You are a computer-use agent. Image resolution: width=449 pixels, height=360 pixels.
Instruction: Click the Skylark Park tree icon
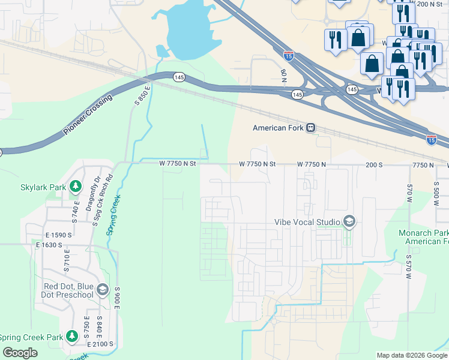(x=75, y=187)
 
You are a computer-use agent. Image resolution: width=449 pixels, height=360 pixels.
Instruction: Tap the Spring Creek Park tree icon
(x=72, y=337)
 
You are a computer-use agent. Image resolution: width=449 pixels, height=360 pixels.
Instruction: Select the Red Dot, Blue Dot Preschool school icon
(x=102, y=290)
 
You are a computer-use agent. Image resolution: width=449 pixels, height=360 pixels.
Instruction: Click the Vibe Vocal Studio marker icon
(x=349, y=222)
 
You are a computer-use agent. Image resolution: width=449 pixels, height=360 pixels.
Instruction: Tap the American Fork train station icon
(x=310, y=128)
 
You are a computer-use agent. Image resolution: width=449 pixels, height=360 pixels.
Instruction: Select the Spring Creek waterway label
(x=113, y=214)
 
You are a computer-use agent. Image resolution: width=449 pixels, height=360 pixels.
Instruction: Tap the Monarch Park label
(x=423, y=233)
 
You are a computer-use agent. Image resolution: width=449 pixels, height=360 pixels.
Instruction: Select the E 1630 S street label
(x=52, y=245)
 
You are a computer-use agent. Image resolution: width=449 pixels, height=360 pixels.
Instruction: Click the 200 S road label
(x=373, y=164)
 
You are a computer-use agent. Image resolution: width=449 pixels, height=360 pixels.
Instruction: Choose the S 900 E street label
(x=118, y=298)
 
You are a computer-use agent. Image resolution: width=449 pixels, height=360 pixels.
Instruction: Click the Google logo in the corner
(x=20, y=353)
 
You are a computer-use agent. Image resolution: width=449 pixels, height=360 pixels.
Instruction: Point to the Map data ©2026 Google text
(x=412, y=355)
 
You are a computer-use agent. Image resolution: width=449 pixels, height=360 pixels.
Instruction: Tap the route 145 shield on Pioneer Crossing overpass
(x=179, y=77)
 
